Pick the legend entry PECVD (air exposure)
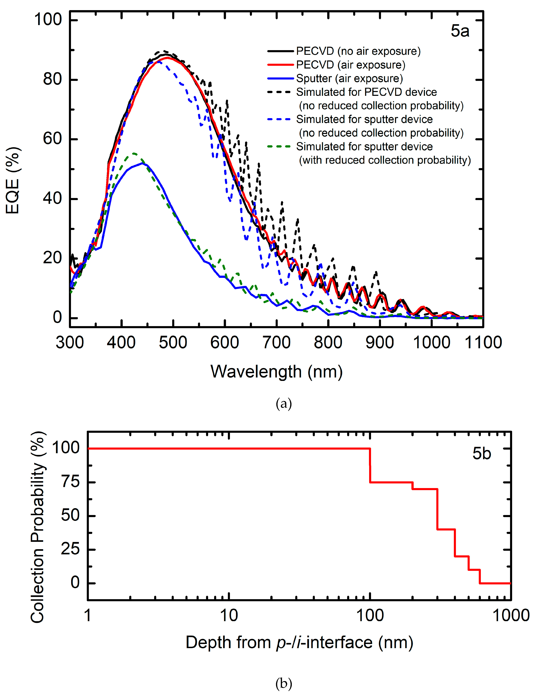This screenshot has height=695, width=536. coord(350,65)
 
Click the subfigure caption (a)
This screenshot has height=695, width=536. coord(283,404)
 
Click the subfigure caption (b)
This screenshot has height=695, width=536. coord(283,683)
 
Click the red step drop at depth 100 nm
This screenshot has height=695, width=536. coord(370,465)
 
